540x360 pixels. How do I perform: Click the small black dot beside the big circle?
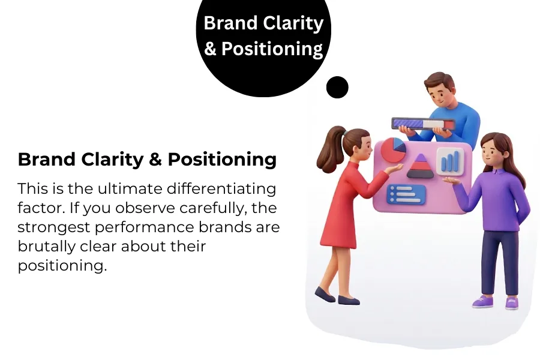[337, 88]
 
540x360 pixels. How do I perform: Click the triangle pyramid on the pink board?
[420, 166]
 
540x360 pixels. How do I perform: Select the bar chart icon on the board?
[450, 161]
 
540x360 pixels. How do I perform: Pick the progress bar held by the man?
[424, 124]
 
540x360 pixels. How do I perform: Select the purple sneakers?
[495, 302]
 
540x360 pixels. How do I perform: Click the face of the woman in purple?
[493, 154]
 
